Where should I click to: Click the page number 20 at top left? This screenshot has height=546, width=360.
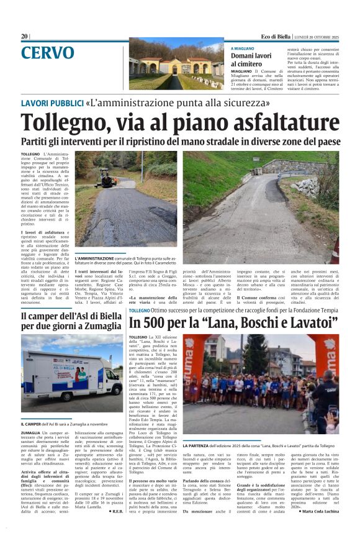[25, 36]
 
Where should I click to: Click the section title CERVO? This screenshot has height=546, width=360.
[47, 53]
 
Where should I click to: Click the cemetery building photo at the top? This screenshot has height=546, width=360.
[176, 66]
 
